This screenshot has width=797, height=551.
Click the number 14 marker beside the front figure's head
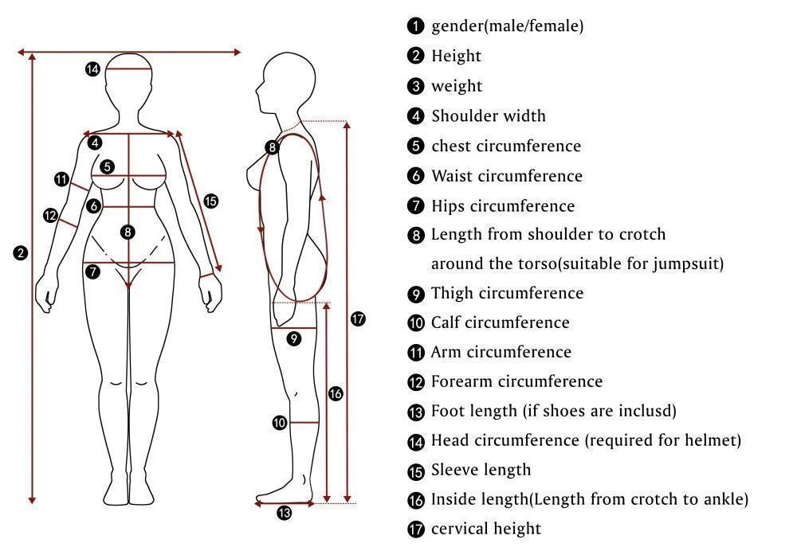[x=92, y=69]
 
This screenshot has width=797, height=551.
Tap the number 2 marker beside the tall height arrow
[x=21, y=253]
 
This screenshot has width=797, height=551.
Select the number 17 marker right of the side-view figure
[x=358, y=319]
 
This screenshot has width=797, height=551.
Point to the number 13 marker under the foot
[x=284, y=513]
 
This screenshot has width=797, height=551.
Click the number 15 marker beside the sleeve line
[x=210, y=201]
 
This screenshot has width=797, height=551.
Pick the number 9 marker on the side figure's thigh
[x=293, y=338]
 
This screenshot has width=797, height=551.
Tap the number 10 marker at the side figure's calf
[x=279, y=423]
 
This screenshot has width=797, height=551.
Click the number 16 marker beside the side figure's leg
[x=336, y=393]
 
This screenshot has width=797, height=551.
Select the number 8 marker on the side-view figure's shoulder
[x=273, y=147]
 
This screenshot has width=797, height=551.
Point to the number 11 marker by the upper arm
[x=61, y=179]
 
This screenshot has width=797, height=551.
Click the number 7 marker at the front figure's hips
[x=93, y=272]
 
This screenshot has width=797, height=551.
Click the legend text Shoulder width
[x=489, y=116]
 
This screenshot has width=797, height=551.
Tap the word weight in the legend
[x=457, y=86]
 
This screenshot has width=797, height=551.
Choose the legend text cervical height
[x=486, y=529]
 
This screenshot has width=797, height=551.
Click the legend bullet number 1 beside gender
[x=415, y=26]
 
